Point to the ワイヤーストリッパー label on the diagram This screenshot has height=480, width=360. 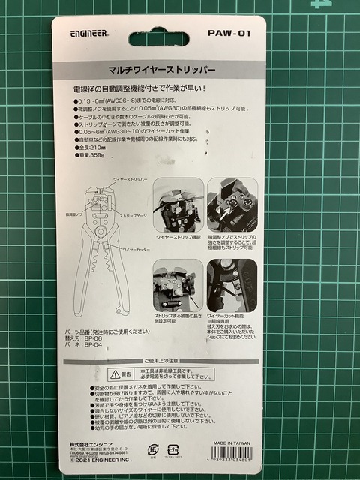coord(128,181)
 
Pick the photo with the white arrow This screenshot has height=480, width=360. coord(232,204)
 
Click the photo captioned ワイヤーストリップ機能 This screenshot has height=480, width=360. coord(178,205)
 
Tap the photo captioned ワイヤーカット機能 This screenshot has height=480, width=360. coord(232,285)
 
